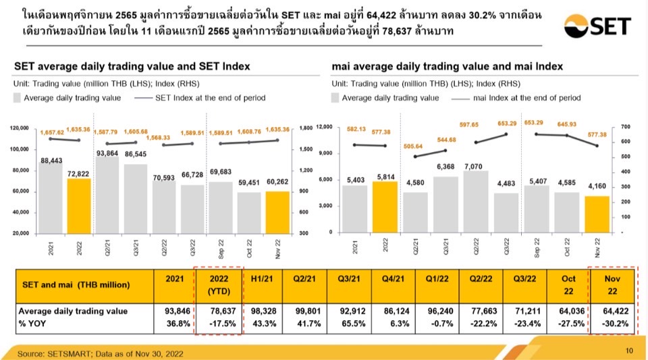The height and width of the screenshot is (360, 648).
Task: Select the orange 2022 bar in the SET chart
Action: (79, 205)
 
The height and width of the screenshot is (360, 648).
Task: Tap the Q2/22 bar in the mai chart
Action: (477, 201)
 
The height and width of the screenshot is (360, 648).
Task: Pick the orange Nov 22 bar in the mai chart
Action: (597, 214)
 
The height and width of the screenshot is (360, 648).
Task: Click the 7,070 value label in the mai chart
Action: (477, 165)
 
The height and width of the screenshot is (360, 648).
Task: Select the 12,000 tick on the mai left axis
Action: (326, 127)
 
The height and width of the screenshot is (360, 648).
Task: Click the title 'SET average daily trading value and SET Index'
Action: (132, 66)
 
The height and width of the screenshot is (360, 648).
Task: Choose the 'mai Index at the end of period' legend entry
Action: (527, 98)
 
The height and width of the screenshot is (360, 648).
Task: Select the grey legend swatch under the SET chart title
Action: (18, 98)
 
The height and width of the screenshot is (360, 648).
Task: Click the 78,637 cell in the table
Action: (219, 311)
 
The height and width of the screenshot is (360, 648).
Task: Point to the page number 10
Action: (629, 350)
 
